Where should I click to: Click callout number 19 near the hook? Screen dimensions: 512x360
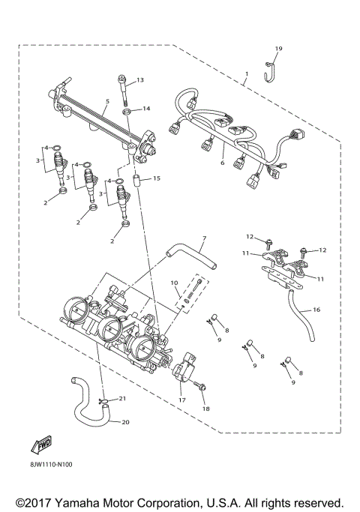click(278, 49)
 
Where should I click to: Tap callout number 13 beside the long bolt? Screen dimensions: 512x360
click(139, 80)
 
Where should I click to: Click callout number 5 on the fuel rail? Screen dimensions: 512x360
click(108, 101)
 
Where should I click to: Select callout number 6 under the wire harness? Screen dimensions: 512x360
click(222, 163)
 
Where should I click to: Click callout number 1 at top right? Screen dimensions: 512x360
click(246, 75)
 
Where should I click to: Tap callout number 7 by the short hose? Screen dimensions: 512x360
click(202, 240)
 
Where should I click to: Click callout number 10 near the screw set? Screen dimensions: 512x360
click(173, 283)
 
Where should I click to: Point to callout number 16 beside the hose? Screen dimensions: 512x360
click(316, 309)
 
